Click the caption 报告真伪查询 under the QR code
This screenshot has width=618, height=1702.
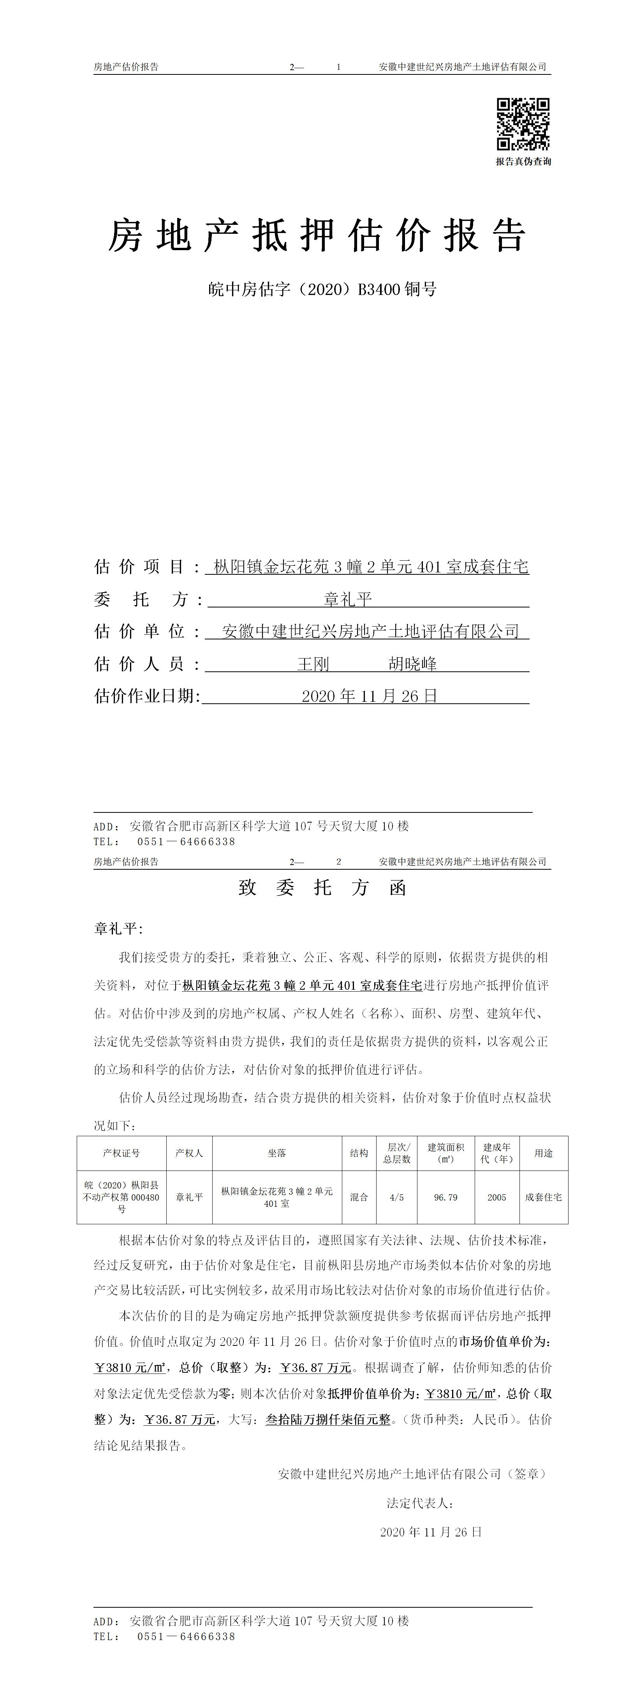coord(523,162)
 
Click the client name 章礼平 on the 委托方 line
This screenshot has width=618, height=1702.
coord(348,599)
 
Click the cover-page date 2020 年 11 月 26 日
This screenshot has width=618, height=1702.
coord(369,696)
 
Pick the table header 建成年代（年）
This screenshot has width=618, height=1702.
coord(497,1153)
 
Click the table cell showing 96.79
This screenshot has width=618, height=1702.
coord(445,1197)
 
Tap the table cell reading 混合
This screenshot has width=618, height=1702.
coord(359,1197)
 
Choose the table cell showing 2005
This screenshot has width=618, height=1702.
coord(497,1197)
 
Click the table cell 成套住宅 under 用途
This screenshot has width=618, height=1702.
coord(543,1197)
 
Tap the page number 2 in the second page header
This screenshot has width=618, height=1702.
coord(339,862)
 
